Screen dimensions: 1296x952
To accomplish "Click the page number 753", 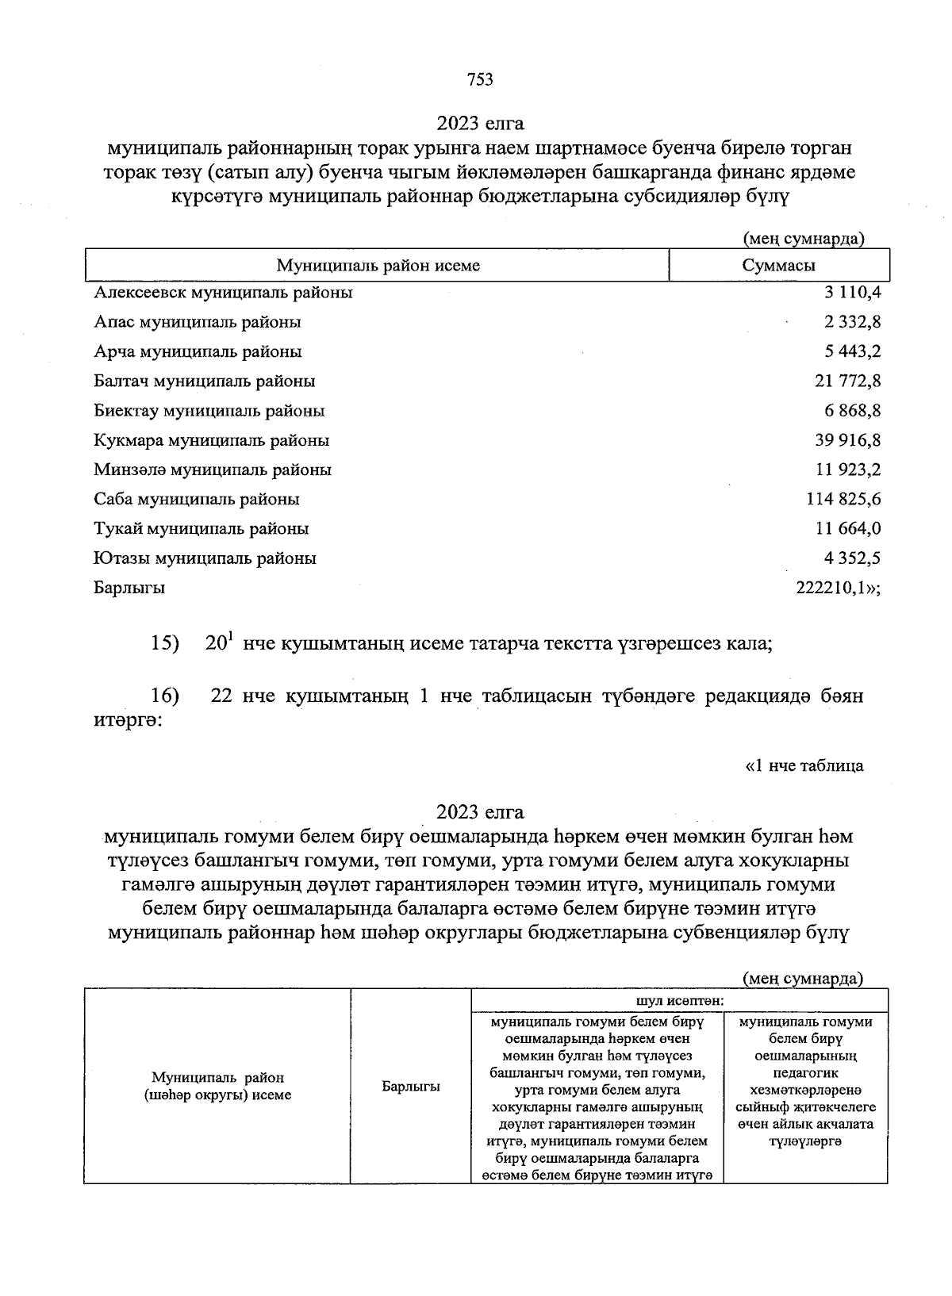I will [x=480, y=79].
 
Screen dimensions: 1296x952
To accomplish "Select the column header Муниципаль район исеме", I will [x=378, y=266].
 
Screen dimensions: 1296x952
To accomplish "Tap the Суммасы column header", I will [x=778, y=266].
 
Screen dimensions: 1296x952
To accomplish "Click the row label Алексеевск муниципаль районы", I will [x=223, y=293].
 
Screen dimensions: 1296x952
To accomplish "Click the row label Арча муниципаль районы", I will [x=198, y=351].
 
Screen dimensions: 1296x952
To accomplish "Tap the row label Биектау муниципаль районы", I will [x=209, y=411].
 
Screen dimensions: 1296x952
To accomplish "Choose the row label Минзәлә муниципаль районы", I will [x=213, y=470].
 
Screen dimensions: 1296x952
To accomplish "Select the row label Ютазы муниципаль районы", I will [x=205, y=558].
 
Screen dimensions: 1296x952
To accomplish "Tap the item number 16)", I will [x=165, y=696].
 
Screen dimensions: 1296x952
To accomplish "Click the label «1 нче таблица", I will [x=804, y=765].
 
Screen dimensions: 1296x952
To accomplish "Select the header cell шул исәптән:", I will [x=679, y=1000].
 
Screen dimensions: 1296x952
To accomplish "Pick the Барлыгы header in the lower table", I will [x=411, y=1087].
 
